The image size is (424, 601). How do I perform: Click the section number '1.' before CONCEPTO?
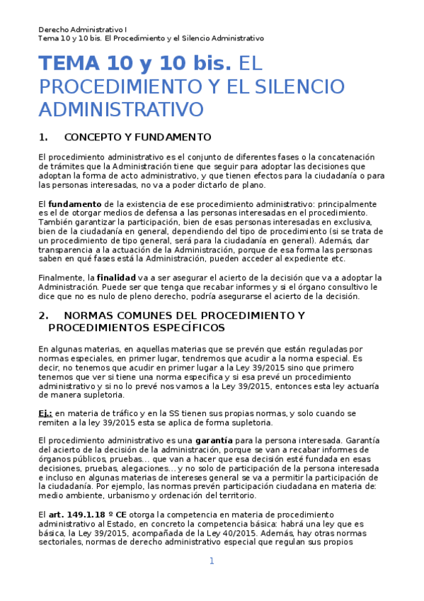point(43,137)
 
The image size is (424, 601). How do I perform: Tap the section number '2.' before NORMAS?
point(43,315)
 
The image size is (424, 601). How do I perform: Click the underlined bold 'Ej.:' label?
point(45,412)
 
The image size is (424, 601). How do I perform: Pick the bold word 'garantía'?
point(215,440)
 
